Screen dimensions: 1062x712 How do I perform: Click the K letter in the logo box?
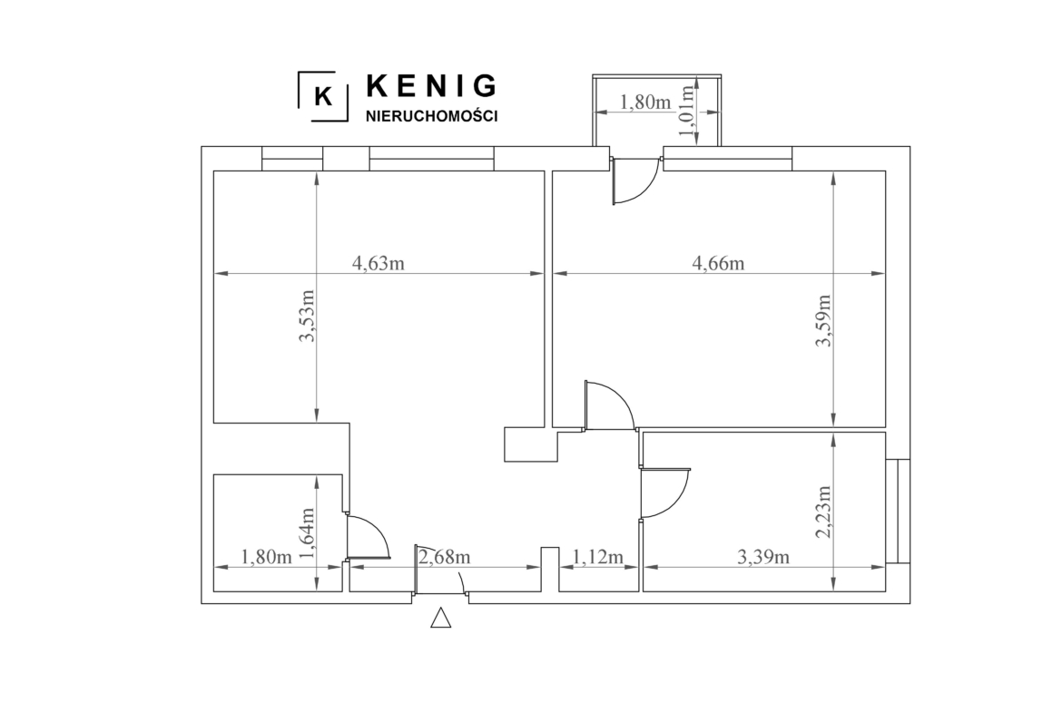324,97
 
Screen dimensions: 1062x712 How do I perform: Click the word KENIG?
431,86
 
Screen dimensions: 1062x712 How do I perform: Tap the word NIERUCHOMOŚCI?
431,116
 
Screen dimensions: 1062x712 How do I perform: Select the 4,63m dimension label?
379,263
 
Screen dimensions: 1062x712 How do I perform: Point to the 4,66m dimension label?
718,263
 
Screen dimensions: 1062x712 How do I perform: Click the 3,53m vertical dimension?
308,316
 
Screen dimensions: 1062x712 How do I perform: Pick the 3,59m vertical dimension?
822,320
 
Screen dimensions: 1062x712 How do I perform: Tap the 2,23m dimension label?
822,512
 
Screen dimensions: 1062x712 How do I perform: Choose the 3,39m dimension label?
762,557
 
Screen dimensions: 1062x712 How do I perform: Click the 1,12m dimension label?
598,557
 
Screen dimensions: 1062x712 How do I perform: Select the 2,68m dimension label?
444,557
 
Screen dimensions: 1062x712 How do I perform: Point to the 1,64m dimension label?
308,534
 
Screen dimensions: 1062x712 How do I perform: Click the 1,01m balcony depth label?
688,111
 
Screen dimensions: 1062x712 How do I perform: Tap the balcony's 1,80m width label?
645,102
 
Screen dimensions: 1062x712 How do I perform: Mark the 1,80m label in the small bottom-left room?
266,557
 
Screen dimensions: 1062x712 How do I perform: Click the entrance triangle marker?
441,618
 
